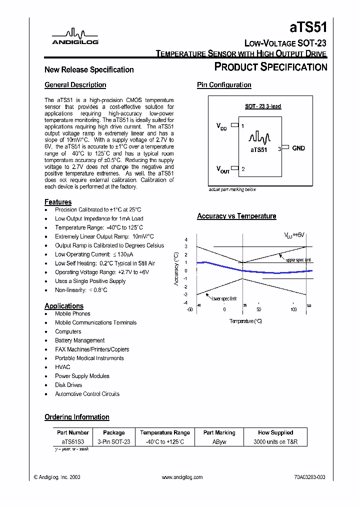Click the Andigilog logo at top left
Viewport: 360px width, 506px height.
(x=75, y=36)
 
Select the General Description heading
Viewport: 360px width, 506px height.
(x=75, y=85)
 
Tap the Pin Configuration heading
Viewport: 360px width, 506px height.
(x=224, y=85)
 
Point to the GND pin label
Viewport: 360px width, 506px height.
(x=298, y=148)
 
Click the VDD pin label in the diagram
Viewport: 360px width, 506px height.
(x=221, y=127)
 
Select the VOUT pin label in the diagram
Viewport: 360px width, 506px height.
(x=222, y=170)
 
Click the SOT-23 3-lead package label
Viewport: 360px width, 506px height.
(x=262, y=106)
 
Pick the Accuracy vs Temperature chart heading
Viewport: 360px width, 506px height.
(x=236, y=216)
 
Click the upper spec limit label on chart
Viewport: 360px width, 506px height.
(x=298, y=260)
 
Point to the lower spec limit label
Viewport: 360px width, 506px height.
(x=223, y=298)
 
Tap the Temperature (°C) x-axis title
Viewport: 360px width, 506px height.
(x=245, y=321)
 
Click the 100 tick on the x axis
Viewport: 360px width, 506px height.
(x=293, y=310)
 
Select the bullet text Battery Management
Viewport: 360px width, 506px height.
(x=79, y=340)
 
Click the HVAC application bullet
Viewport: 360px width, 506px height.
(x=62, y=367)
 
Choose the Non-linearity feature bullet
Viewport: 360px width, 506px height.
(x=81, y=290)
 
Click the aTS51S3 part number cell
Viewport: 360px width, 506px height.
(x=73, y=442)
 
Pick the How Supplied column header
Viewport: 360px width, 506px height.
(x=275, y=432)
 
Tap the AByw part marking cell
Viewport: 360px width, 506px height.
(x=219, y=442)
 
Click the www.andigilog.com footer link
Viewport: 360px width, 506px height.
(x=182, y=477)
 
